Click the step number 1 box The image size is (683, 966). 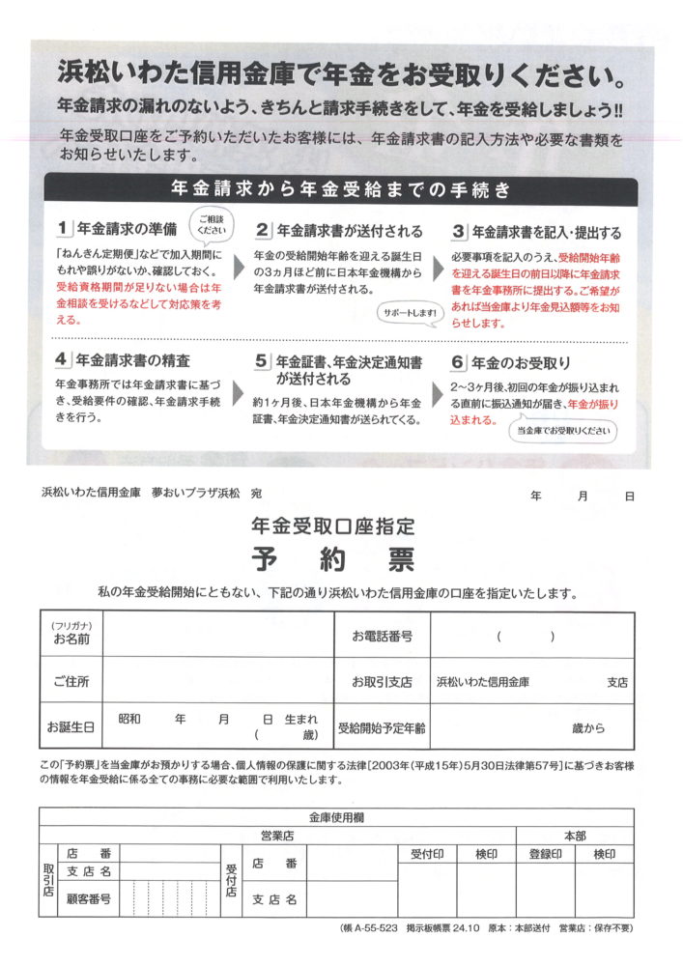click(x=65, y=230)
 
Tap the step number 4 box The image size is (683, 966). click(x=65, y=360)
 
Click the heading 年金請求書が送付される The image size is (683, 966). click(x=350, y=231)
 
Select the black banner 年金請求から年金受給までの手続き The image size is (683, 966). click(x=341, y=189)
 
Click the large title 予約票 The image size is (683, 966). click(x=332, y=558)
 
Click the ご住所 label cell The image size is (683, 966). click(x=71, y=681)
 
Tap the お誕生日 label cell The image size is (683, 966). click(x=71, y=726)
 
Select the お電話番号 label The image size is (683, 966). click(x=383, y=636)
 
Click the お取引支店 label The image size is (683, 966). click(x=383, y=681)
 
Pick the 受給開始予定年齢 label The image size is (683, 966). click(x=382, y=726)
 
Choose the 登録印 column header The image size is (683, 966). click(x=546, y=854)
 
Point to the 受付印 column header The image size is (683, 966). click(x=427, y=854)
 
